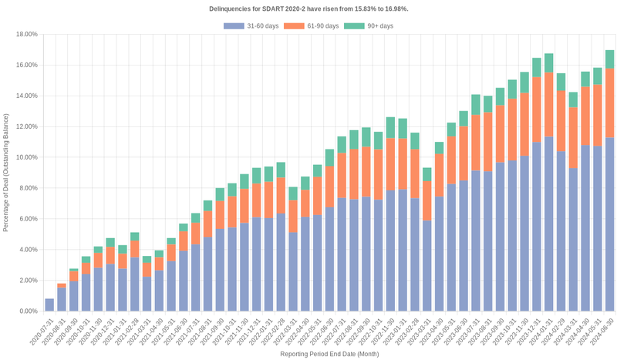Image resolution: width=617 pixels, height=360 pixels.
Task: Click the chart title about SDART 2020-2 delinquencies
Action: pyautogui.click(x=308, y=8)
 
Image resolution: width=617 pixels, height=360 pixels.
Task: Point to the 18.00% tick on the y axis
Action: pyautogui.click(x=27, y=35)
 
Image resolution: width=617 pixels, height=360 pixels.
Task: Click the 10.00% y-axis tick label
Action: pyautogui.click(x=27, y=157)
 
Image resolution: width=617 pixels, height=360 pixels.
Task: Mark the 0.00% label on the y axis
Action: pyautogui.click(x=29, y=311)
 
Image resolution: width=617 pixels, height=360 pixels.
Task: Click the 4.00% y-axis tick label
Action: pyautogui.click(x=29, y=250)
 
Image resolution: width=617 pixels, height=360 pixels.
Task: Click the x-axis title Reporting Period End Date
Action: pyautogui.click(x=329, y=355)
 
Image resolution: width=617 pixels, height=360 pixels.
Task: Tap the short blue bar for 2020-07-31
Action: pyautogui.click(x=49, y=304)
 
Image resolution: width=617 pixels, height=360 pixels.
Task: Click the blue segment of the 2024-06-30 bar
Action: pyautogui.click(x=609, y=224)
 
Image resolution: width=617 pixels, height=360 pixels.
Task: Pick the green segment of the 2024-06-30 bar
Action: pyautogui.click(x=609, y=59)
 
